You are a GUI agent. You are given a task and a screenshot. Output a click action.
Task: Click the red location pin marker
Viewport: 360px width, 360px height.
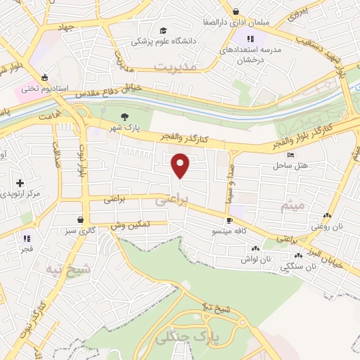point(181,165)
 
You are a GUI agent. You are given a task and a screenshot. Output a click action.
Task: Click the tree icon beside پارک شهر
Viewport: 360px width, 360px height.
point(124,117)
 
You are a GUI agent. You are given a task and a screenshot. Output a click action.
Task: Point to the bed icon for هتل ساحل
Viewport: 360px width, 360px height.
point(291,155)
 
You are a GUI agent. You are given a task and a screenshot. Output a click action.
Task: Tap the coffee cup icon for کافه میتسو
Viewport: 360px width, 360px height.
point(229,221)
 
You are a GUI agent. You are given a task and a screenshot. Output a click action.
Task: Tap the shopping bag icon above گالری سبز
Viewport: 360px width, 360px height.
point(84,219)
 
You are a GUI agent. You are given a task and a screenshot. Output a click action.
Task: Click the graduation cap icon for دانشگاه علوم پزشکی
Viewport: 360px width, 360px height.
point(163,31)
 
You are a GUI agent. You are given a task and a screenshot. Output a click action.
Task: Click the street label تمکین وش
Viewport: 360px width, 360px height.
point(131,224)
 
